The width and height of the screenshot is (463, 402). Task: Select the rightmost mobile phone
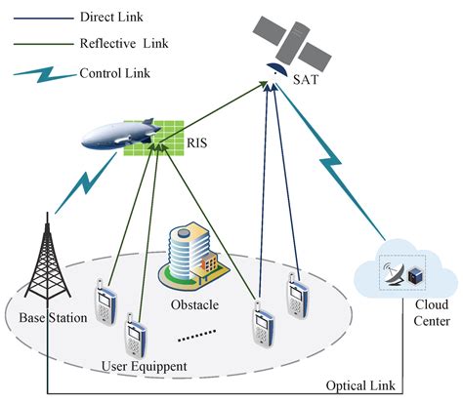click(x=298, y=293)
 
